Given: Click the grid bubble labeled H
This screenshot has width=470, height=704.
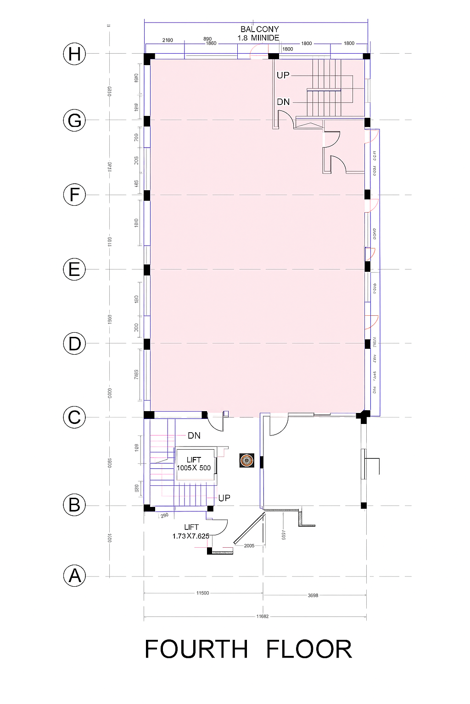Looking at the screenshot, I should coord(74,54).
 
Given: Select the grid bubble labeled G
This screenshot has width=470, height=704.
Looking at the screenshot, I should coord(74,121).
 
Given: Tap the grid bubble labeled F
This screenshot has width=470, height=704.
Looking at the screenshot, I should coord(74,195).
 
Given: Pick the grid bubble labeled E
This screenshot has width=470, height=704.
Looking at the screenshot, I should coord(74,269).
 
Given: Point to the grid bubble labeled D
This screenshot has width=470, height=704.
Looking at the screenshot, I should coord(74,343).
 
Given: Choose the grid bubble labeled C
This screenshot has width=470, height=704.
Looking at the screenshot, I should coord(74,418).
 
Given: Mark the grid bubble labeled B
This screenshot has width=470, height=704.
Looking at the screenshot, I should coord(74,505).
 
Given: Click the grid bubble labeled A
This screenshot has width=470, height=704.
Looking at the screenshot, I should coord(74,576).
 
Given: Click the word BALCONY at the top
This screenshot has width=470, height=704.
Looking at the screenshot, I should coord(259,29).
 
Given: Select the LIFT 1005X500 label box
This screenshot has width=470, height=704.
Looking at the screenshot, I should coord(195,464).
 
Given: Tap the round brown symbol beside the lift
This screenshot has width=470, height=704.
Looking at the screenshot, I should coord(247,460).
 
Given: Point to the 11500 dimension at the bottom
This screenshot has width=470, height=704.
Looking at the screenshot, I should coord(202,593).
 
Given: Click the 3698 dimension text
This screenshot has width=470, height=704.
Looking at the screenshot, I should coord(313,595).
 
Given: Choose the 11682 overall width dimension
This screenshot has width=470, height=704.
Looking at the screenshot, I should coord(262,616).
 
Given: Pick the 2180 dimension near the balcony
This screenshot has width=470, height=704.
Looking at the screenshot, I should coord(168,40).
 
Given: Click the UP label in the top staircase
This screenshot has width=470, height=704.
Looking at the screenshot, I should coord(283,75).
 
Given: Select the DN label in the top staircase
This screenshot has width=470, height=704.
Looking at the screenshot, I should coord(283,102).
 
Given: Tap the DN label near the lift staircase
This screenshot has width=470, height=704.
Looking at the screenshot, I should coord(194,435).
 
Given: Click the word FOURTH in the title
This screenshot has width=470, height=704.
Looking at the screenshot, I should coord(196,649).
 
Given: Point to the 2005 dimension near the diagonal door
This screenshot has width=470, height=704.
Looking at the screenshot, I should coord(249,546).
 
